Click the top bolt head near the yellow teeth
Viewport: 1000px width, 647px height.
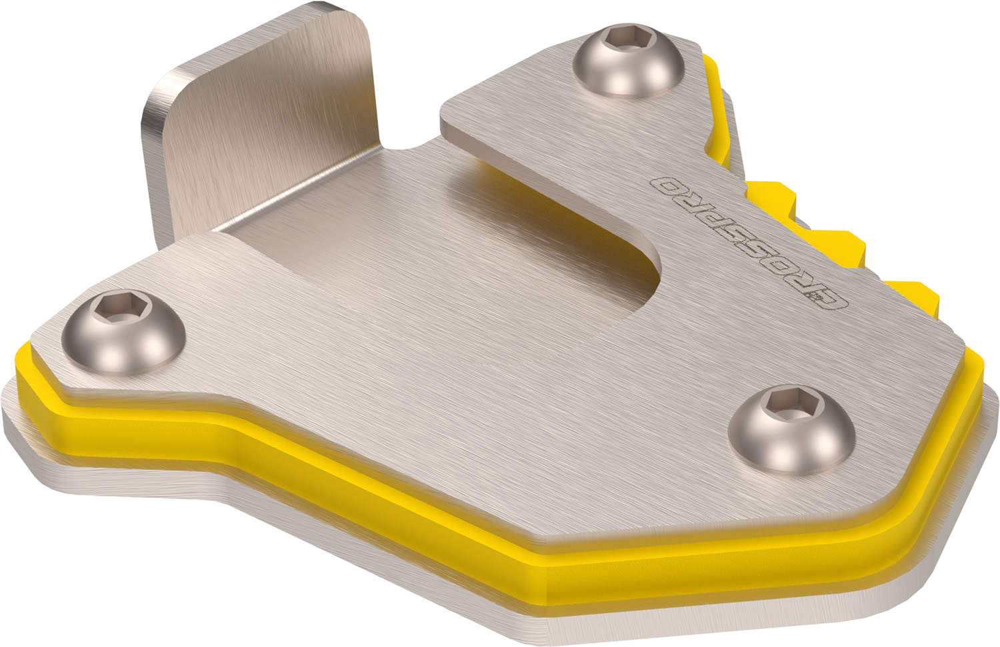pyautogui.click(x=628, y=61)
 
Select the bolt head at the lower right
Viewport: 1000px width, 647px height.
pyautogui.click(x=791, y=432)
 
